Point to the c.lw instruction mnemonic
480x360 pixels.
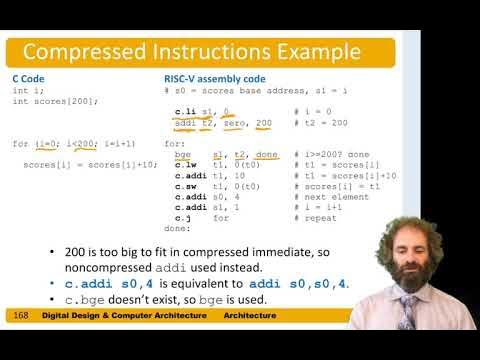tap(184, 164)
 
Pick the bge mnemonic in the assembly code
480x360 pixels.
tap(181, 154)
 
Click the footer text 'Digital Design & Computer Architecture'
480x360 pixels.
tap(127, 316)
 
